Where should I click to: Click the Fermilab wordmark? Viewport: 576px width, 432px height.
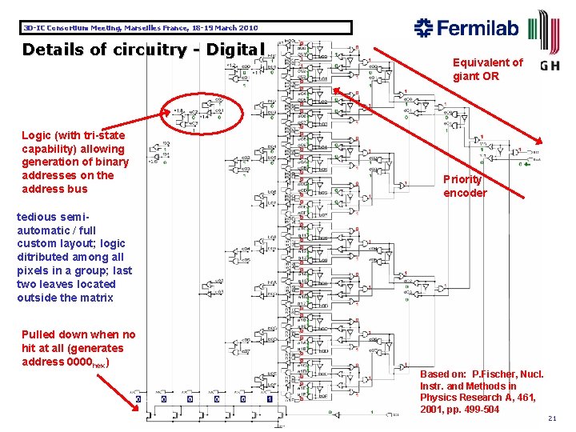[x=478, y=29]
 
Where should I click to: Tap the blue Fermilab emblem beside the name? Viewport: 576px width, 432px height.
[x=423, y=29]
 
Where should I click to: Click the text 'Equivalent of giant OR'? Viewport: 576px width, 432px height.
[x=487, y=69]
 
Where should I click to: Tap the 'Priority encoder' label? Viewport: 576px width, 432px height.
[x=465, y=186]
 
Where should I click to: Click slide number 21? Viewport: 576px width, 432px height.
[x=552, y=418]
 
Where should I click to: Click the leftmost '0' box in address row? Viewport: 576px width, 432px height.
[x=138, y=398]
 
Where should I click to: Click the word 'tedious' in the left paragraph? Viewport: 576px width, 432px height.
[x=37, y=216]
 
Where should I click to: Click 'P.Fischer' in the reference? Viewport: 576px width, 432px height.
[x=496, y=374]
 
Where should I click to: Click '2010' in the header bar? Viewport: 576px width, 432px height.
[x=246, y=28]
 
